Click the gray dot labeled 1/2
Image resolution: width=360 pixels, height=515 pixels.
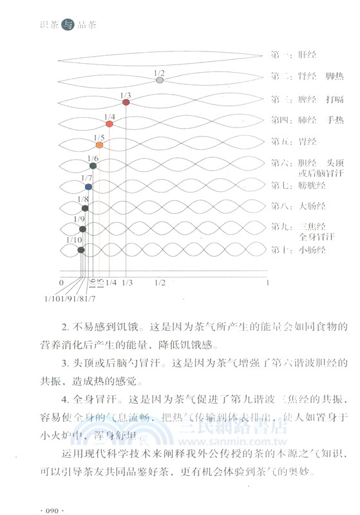(x=160, y=80)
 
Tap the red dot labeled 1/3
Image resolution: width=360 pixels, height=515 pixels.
(x=126, y=102)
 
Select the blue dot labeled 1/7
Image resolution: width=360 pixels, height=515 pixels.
(x=88, y=187)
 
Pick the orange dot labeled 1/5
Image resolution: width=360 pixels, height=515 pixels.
(x=99, y=145)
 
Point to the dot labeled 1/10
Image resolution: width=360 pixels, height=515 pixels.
(x=80, y=249)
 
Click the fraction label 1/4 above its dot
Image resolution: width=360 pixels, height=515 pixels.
(x=110, y=116)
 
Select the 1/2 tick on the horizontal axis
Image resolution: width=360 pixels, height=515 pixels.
(x=160, y=283)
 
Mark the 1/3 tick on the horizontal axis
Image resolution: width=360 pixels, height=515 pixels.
(x=126, y=283)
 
